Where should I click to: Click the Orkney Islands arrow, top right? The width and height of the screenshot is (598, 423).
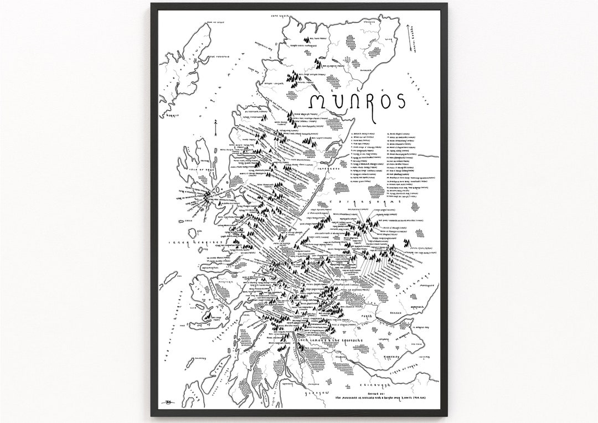coord(414,38)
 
